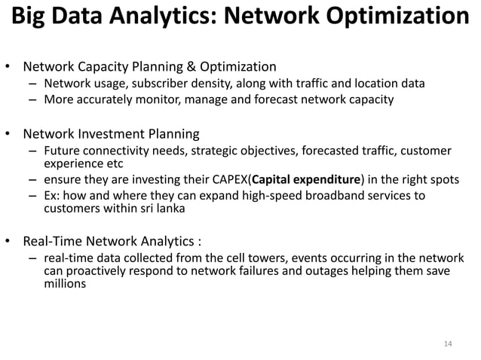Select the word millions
65,285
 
